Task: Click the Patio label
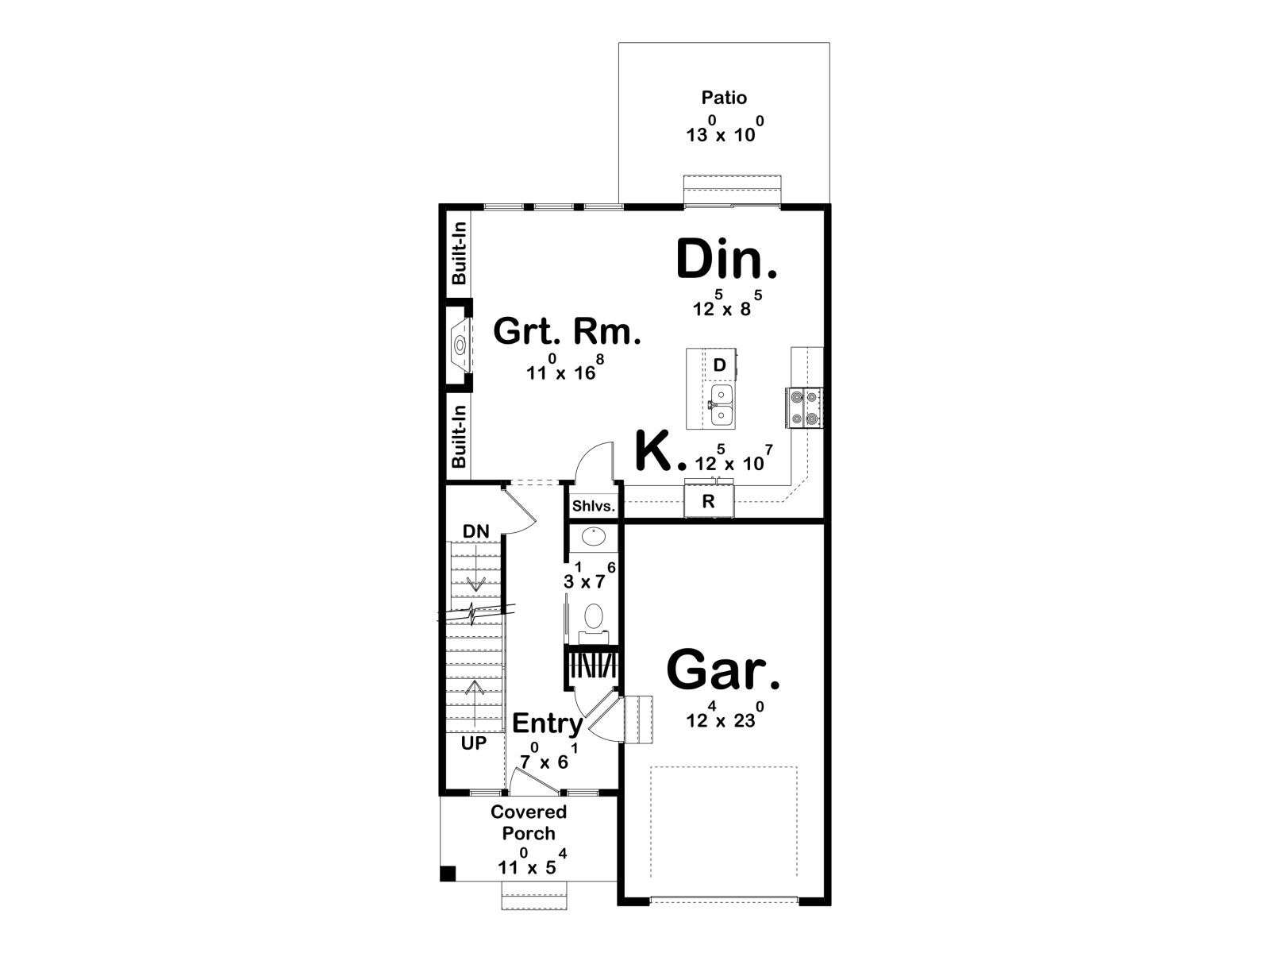coord(723,97)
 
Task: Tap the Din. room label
coord(727,260)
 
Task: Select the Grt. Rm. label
coord(567,331)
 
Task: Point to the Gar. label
coord(723,670)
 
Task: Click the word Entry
coord(548,723)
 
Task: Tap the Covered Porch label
coord(529,822)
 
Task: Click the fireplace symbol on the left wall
coord(460,346)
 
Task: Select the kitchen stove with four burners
coord(803,407)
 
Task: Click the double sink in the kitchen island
coord(721,405)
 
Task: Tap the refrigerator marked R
coord(709,500)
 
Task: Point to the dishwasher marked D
coord(719,365)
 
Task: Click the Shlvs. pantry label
coord(594,506)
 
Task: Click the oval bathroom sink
coord(593,537)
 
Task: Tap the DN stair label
coord(476,531)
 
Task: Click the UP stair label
coord(474,743)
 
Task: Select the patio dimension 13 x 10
coord(725,129)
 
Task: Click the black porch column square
coord(448,873)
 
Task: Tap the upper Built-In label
coord(460,253)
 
